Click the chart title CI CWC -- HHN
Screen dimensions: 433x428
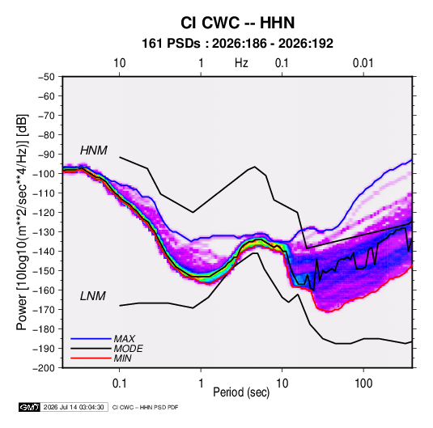(237, 23)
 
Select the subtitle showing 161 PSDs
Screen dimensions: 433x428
(237, 44)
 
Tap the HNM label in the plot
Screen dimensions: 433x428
(94, 150)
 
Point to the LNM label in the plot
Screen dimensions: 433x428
(93, 296)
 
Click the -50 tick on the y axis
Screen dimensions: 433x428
(46, 77)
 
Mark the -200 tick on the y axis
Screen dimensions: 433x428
(45, 368)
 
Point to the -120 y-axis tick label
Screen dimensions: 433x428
(45, 213)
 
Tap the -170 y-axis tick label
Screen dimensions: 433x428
(45, 310)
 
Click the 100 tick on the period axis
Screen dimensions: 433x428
(363, 384)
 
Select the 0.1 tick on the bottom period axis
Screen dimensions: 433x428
(120, 384)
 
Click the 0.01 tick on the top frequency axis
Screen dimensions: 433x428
(363, 63)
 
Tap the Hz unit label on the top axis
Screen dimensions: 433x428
(241, 63)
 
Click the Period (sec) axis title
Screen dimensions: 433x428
(241, 392)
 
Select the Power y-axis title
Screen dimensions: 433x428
(22, 222)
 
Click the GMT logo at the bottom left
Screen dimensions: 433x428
(30, 407)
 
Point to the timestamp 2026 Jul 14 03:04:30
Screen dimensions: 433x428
(74, 407)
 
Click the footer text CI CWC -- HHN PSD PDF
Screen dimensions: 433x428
(145, 407)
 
